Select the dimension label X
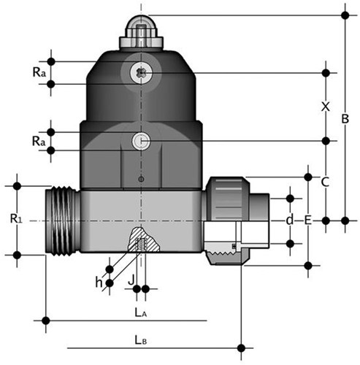326,107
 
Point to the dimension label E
308,220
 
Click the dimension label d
290,220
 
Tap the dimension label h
99,279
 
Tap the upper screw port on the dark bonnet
139,72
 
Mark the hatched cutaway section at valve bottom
139,240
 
